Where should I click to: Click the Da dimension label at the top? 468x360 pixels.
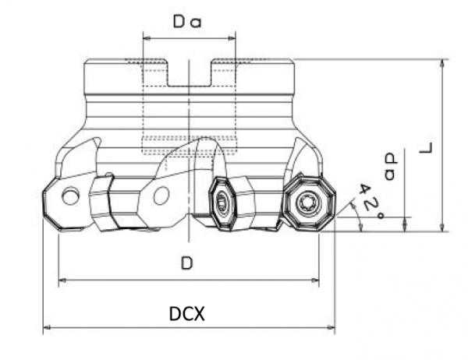pyautogui.click(x=187, y=23)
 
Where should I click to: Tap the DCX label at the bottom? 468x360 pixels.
pyautogui.click(x=187, y=314)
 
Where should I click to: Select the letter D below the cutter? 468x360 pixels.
pyautogui.click(x=186, y=264)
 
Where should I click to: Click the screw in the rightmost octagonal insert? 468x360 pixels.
pyautogui.click(x=305, y=203)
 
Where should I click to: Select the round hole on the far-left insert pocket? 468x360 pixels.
pyautogui.click(x=71, y=196)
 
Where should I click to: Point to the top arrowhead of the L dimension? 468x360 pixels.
pyautogui.click(x=442, y=63)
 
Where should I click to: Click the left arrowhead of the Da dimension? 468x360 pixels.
pyautogui.click(x=146, y=35)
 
